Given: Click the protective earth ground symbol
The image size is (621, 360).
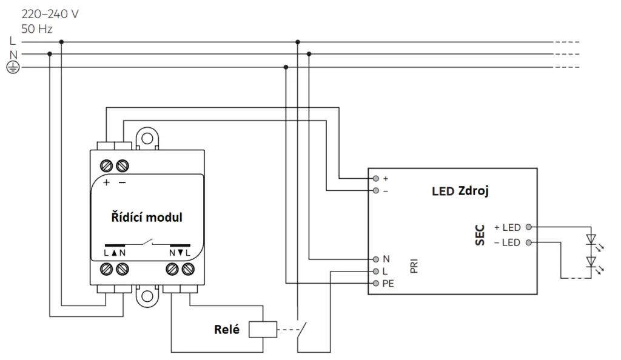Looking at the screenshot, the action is (13, 68).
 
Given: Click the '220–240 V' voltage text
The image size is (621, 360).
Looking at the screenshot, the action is (50, 14).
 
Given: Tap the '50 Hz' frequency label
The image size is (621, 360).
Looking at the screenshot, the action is (37, 29).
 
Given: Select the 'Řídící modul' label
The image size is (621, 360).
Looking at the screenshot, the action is (147, 217).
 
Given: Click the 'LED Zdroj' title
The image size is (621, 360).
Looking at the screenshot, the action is (460, 191).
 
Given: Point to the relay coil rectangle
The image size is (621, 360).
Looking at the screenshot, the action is (263, 329).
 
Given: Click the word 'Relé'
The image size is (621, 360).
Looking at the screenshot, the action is (227, 330).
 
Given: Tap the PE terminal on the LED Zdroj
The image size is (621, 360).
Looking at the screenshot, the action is (376, 283).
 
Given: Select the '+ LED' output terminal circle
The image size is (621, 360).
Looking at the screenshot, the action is (528, 227).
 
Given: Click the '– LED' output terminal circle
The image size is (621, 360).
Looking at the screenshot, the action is (528, 242).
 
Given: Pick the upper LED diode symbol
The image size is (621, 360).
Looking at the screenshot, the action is (591, 240).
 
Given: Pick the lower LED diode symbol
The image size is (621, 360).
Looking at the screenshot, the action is (591, 262).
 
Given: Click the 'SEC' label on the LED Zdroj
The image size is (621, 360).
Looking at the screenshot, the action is (480, 235).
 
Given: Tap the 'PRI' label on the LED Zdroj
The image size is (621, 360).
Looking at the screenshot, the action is (414, 266).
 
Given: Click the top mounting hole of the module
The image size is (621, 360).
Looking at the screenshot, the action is (147, 138).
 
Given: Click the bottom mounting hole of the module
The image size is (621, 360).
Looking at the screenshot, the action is (147, 296).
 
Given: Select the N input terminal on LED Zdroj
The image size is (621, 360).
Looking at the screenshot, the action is (376, 259).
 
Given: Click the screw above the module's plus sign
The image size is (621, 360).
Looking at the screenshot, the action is (106, 165).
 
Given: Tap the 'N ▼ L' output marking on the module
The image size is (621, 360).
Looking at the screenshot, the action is (180, 253).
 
